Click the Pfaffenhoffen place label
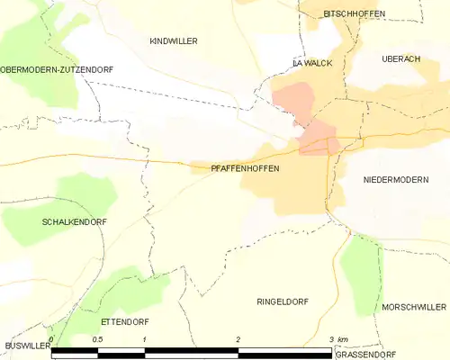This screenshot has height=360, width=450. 245,168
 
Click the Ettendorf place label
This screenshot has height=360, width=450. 125,321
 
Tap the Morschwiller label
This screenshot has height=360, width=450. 413,306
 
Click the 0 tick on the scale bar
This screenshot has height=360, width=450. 52,340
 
